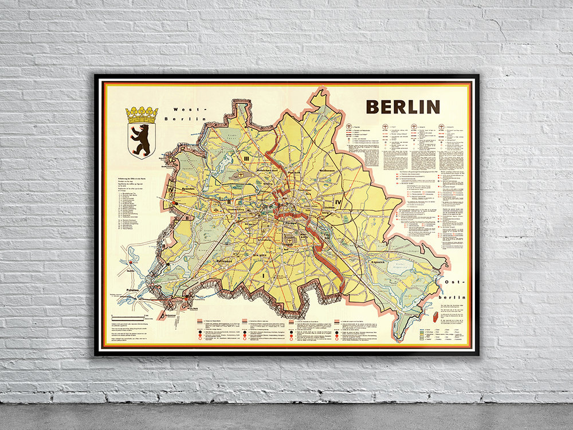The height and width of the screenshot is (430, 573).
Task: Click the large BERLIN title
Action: click(x=403, y=107)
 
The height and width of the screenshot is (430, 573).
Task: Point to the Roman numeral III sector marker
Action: click(x=245, y=158)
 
